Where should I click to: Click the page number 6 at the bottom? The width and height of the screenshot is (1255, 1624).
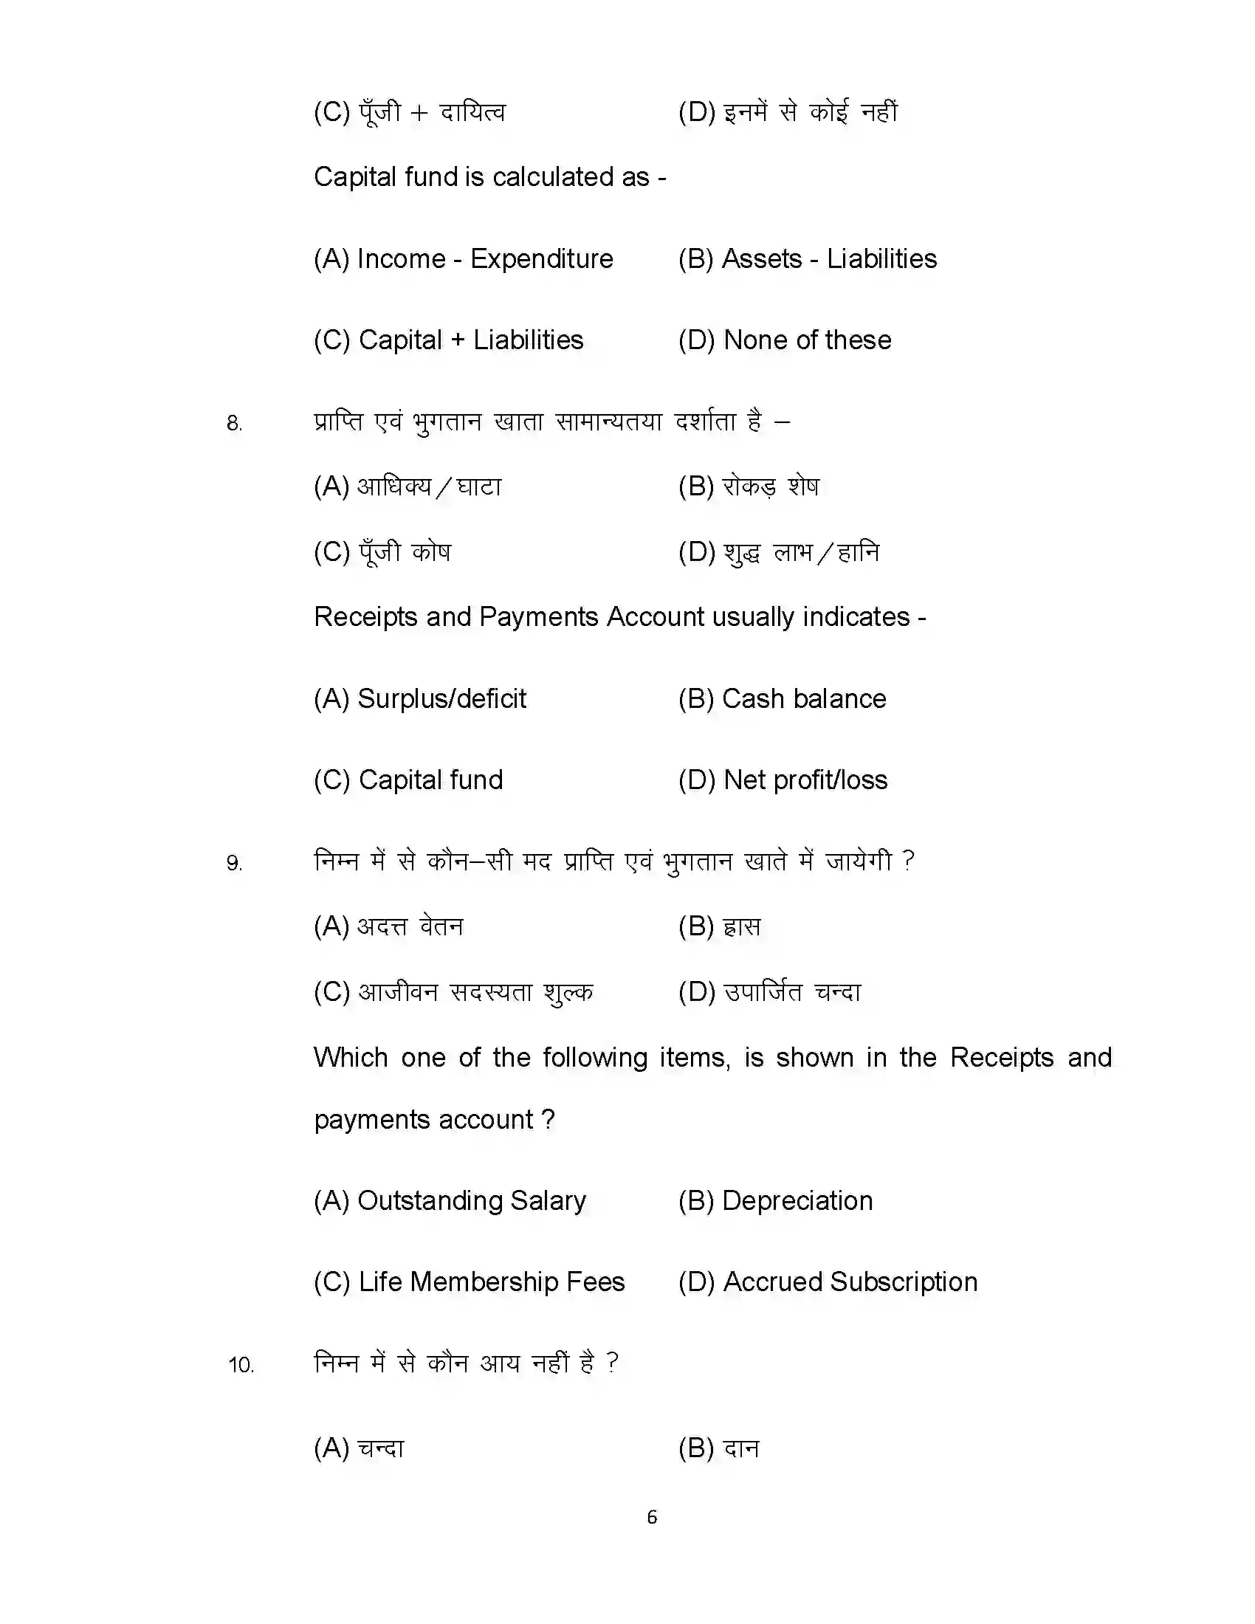pyautogui.click(x=652, y=1516)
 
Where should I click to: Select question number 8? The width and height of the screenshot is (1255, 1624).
pyautogui.click(x=234, y=424)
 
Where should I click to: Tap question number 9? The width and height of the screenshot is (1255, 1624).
pyautogui.click(x=234, y=864)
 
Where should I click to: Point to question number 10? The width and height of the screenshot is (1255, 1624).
pyautogui.click(x=241, y=1365)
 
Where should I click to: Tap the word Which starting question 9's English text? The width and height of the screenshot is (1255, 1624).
pyautogui.click(x=350, y=1057)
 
